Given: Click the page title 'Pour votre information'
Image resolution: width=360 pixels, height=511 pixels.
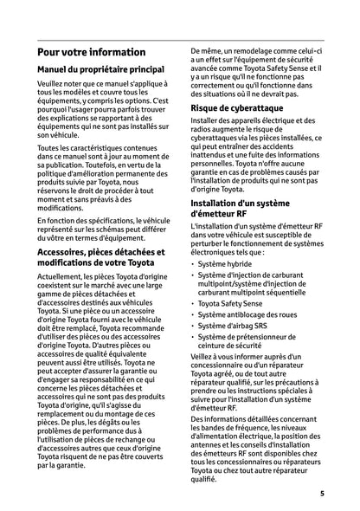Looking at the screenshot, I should [91, 52].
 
